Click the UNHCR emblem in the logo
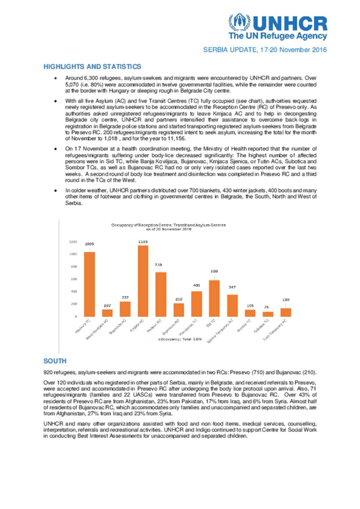click(x=239, y=23)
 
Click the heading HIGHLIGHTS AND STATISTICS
click(x=92, y=67)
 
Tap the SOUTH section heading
click(x=55, y=361)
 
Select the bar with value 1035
click(x=89, y=284)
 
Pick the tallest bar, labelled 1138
click(x=143, y=281)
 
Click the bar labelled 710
click(x=161, y=294)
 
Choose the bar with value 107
click(x=107, y=313)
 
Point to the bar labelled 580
click(x=214, y=298)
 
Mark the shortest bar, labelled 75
click(x=268, y=314)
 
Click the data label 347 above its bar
click(x=232, y=287)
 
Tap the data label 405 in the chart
click(x=197, y=285)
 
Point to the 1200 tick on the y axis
click(x=73, y=242)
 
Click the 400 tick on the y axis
click(x=74, y=292)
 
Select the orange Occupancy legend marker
click(x=159, y=340)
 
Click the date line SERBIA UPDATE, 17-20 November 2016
click(x=265, y=50)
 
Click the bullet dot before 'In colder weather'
click(x=56, y=190)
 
